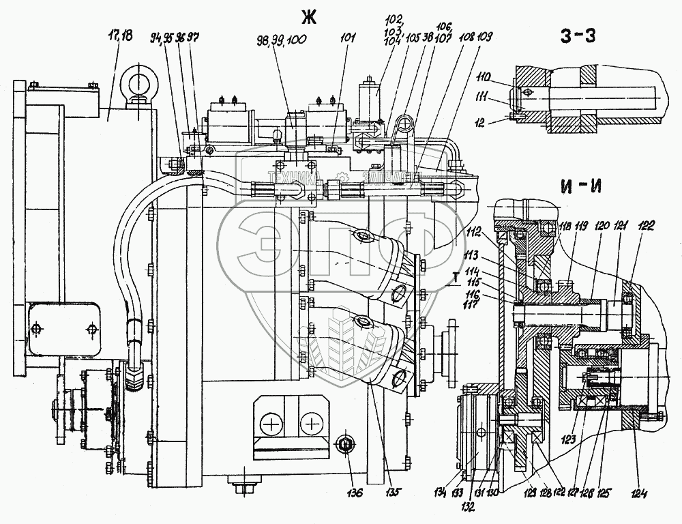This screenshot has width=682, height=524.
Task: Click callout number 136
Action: [x=353, y=491]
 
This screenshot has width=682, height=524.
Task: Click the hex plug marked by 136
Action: [x=346, y=446]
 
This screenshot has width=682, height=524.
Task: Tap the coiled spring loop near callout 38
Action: [x=404, y=124]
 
